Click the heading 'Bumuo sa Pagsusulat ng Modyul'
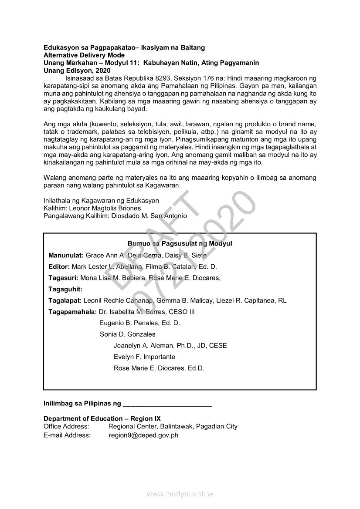pyautogui.click(x=180, y=244)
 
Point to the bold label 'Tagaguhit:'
pyautogui.click(x=65, y=289)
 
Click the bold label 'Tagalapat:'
pyautogui.click(x=65, y=300)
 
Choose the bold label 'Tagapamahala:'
pyautogui.click(x=72, y=312)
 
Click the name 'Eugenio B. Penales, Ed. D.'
pyautogui.click(x=139, y=323)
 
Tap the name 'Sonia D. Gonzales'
pyautogui.click(x=127, y=334)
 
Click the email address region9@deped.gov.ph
pyautogui.click(x=143, y=435)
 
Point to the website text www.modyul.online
pyautogui.click(x=180, y=494)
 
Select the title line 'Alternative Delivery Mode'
pyautogui.click(x=84, y=55)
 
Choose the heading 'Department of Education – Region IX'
pyautogui.click(x=102, y=418)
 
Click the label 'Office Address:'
pyautogui.click(x=66, y=426)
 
